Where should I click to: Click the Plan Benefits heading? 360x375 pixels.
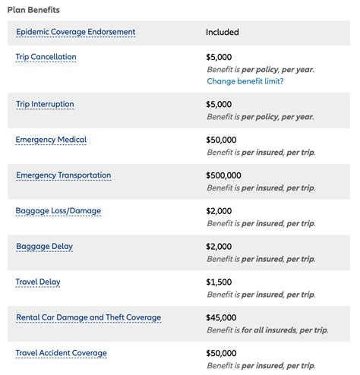(x=33, y=10)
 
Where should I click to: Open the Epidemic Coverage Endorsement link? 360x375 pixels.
(x=75, y=32)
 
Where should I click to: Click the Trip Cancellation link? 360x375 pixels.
(x=46, y=57)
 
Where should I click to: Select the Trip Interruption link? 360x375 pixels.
(x=45, y=104)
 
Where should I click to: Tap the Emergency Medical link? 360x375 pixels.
(x=51, y=140)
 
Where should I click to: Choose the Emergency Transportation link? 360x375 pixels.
(x=63, y=175)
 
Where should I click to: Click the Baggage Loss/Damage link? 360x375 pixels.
(x=58, y=210)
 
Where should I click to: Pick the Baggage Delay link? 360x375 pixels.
(x=44, y=246)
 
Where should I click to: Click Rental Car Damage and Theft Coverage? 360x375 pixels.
(x=88, y=317)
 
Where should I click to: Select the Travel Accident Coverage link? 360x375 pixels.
(x=61, y=353)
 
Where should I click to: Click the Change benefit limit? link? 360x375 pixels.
(x=245, y=81)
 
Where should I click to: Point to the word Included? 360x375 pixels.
(x=222, y=33)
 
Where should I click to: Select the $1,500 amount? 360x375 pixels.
(x=220, y=282)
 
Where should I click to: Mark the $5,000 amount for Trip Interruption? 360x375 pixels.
(x=220, y=104)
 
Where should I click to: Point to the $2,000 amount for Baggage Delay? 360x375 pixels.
(x=220, y=246)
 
